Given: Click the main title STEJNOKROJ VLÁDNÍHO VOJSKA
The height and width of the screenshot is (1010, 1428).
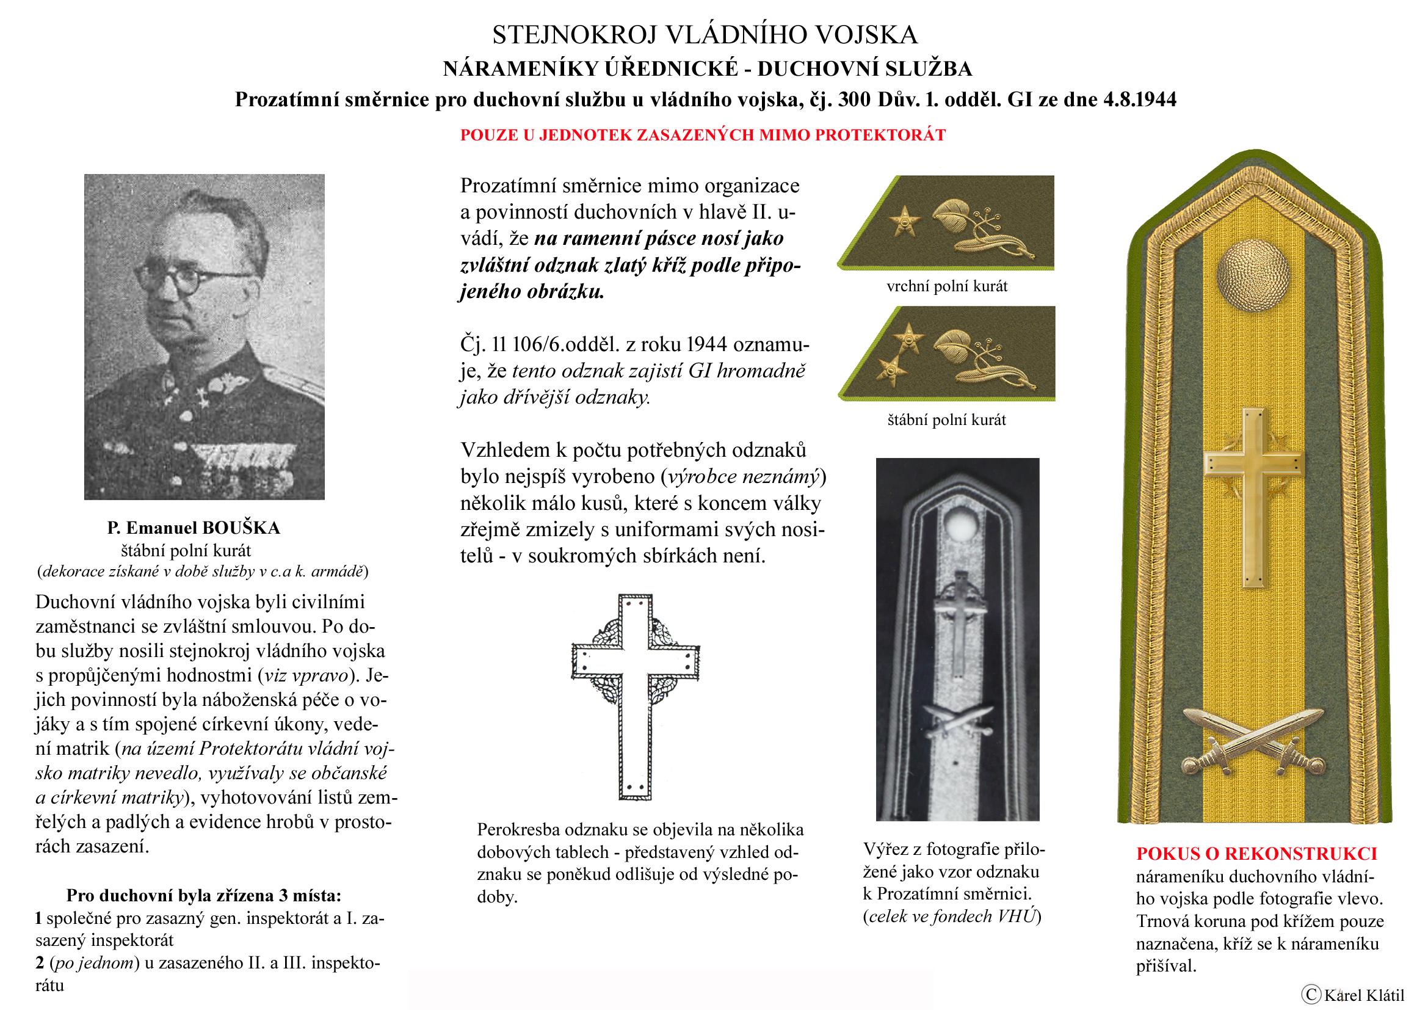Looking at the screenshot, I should (705, 35).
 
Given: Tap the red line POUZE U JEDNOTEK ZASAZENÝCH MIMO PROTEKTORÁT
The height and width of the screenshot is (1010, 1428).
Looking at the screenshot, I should (703, 135).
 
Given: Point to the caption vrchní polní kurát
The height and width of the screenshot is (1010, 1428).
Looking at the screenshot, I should (947, 287).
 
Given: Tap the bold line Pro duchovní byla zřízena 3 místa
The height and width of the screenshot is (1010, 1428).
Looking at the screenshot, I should (203, 896).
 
